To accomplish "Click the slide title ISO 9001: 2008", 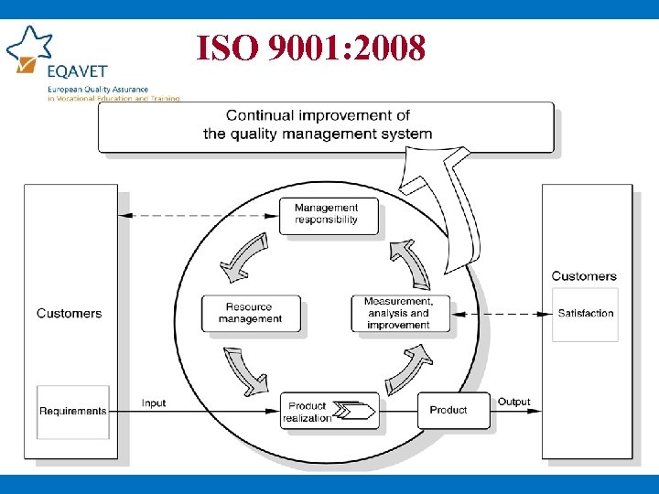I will pyautogui.click(x=310, y=48).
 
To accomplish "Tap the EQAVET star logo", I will pyautogui.click(x=27, y=48).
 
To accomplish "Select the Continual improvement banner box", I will pyautogui.click(x=326, y=126).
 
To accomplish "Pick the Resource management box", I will pyautogui.click(x=250, y=313).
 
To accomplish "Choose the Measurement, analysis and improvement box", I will pyautogui.click(x=398, y=313).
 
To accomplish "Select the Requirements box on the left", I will pyautogui.click(x=73, y=411).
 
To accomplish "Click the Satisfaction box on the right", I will pyautogui.click(x=585, y=314).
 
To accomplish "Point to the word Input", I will pyautogui.click(x=154, y=403).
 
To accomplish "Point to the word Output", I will pyautogui.click(x=513, y=402).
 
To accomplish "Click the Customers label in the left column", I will pyautogui.click(x=70, y=313).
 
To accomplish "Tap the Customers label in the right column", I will pyautogui.click(x=584, y=275).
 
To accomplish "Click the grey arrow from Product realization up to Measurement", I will pyautogui.click(x=405, y=368).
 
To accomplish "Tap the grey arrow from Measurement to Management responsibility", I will pyautogui.click(x=409, y=263).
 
